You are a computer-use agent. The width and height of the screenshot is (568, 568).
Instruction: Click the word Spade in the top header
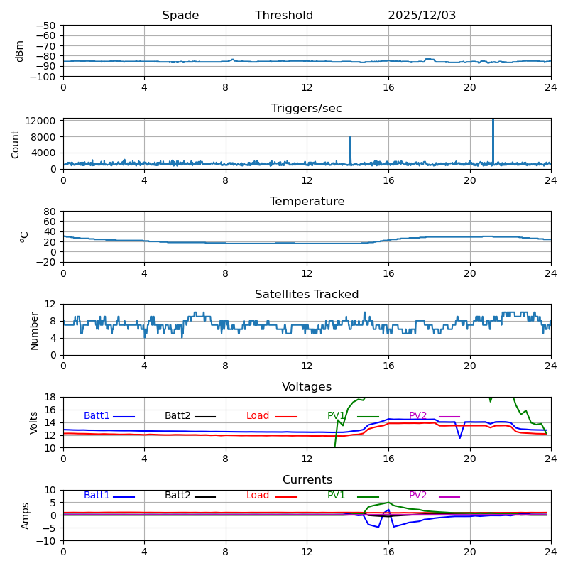[180, 16]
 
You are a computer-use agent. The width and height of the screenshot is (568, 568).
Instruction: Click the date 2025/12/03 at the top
[422, 16]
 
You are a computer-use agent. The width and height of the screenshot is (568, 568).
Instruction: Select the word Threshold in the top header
[284, 16]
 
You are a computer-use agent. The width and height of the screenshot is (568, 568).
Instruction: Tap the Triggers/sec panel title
[307, 109]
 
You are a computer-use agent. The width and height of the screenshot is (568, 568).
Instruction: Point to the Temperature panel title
[307, 202]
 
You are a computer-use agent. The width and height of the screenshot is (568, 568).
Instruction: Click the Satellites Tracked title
[307, 295]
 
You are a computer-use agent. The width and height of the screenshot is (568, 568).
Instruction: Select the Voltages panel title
[307, 387]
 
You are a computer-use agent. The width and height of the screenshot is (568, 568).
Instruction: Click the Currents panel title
[307, 480]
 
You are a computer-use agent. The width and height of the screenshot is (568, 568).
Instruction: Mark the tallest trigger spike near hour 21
[493, 122]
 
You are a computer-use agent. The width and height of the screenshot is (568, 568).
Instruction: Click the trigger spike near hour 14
[350, 139]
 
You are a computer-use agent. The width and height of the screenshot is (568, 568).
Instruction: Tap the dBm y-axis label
[20, 50]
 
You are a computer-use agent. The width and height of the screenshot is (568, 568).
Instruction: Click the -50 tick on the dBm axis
[45, 26]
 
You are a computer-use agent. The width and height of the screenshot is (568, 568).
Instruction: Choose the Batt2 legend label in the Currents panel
[177, 496]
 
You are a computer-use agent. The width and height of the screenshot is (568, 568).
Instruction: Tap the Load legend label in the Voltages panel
[258, 416]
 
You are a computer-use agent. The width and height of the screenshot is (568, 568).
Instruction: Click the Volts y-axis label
[34, 422]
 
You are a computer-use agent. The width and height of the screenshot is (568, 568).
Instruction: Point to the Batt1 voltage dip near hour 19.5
[459, 437]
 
